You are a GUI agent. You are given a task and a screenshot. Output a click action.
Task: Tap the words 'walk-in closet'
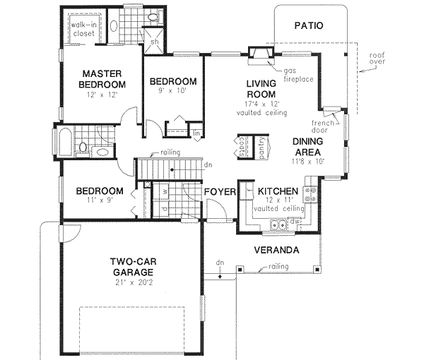83,27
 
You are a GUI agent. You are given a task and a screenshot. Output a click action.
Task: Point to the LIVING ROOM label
259,90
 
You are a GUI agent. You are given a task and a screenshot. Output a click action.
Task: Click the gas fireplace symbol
259,54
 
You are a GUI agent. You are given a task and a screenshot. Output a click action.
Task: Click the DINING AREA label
308,146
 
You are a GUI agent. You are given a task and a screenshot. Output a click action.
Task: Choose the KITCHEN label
276,191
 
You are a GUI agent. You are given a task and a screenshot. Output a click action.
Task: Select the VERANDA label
276,251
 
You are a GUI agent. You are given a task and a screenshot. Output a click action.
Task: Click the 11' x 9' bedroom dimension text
100,201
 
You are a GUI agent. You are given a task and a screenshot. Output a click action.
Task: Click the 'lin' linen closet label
196,132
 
